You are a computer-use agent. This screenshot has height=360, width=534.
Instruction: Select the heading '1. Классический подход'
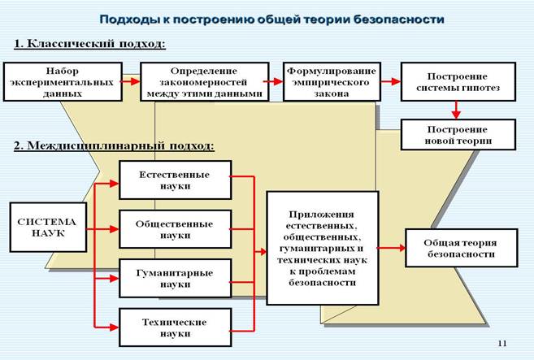tap(89, 43)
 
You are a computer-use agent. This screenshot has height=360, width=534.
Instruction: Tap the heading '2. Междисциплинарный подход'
tap(114, 146)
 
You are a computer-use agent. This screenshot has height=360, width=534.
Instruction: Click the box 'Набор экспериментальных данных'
tap(62, 82)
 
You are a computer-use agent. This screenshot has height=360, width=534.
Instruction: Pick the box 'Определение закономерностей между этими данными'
tap(204, 82)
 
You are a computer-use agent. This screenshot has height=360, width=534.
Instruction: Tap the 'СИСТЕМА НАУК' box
tap(47, 227)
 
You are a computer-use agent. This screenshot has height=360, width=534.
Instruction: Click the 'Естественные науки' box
tap(175, 180)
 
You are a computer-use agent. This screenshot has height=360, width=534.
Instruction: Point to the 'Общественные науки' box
tap(175, 228)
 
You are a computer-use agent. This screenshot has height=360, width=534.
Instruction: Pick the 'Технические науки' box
tap(175, 327)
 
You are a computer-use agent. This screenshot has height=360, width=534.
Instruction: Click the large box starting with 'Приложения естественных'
tap(323, 248)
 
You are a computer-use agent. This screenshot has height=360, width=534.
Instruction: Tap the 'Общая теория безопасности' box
tap(460, 248)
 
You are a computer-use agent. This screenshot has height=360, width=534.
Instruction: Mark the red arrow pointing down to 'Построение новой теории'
tap(457, 109)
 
